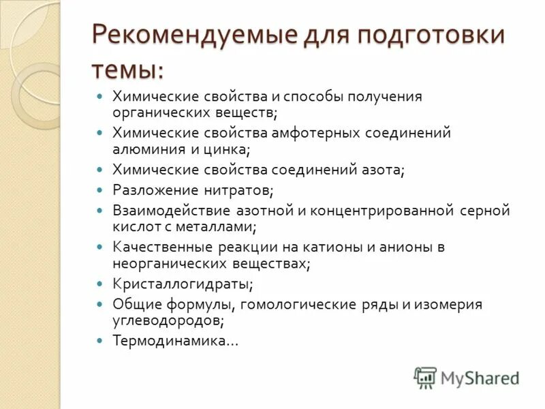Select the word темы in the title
pos(127,68)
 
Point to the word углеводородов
pos(166,319)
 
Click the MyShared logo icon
pos(425,377)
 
